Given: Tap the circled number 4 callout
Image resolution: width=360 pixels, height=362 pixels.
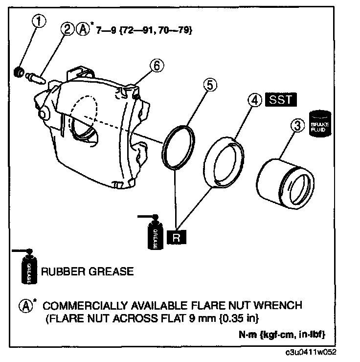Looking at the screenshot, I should [253, 100].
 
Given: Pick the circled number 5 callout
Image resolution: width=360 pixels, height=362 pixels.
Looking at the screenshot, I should [209, 85].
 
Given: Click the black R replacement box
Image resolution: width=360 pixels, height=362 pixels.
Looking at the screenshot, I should [177, 238].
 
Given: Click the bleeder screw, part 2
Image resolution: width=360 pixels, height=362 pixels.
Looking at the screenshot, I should [37, 78].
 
